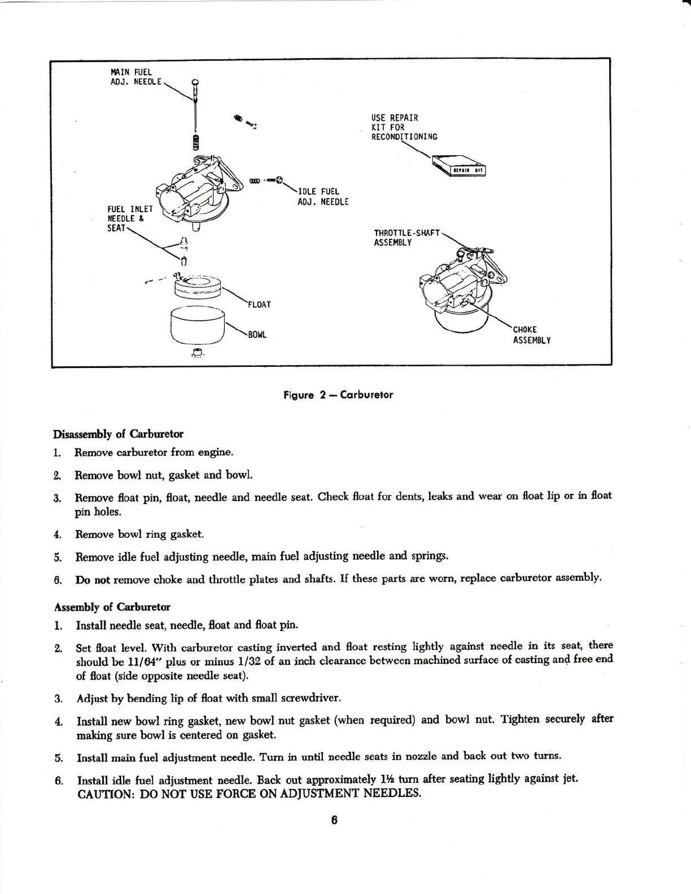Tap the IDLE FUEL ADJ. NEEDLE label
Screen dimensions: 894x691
[323, 196]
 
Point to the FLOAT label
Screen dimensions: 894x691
[260, 305]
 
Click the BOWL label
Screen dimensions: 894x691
[257, 335]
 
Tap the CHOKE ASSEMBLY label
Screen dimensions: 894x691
[531, 335]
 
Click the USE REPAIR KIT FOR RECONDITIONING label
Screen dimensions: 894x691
[404, 128]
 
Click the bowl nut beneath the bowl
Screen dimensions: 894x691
[197, 353]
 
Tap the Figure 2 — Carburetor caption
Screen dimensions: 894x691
[338, 395]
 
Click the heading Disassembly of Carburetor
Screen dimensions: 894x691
[117, 434]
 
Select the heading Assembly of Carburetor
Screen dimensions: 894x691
[112, 607]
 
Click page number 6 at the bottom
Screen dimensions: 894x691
[334, 821]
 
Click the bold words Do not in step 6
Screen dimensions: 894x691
[93, 580]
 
